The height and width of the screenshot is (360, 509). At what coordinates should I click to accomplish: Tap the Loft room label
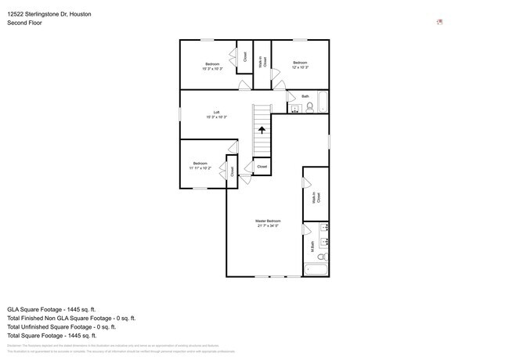[216, 112]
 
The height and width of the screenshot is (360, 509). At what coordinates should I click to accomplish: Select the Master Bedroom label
[267, 221]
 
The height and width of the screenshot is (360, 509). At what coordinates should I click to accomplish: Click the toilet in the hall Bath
[310, 107]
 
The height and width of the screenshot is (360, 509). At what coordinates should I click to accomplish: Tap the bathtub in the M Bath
[316, 271]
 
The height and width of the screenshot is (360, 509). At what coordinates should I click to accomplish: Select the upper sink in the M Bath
[324, 227]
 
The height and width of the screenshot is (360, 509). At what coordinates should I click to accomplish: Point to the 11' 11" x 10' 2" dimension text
[200, 168]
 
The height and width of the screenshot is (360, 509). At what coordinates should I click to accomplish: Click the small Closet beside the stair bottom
[262, 167]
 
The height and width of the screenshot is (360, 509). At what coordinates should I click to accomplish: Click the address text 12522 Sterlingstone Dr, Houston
[49, 13]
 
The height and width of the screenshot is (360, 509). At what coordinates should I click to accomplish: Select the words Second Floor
[24, 23]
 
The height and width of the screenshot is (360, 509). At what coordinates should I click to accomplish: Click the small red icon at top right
[439, 22]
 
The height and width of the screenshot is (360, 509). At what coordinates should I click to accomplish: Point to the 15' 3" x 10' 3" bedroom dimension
[212, 69]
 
